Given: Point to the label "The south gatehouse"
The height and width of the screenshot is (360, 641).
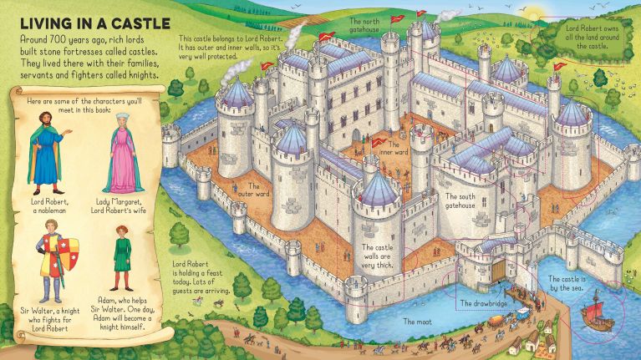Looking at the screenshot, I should click(460, 200).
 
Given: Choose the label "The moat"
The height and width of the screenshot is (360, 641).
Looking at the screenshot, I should click(415, 321).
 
